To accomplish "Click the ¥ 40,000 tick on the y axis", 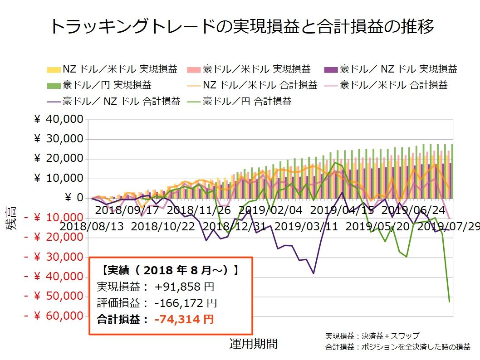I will point(59,120).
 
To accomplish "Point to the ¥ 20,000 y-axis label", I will point(59,159).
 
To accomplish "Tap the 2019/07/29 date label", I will point(449,226).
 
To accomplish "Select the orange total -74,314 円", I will point(184,319).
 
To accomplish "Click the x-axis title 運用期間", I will point(253,344).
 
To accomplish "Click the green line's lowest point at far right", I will point(449,302).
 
